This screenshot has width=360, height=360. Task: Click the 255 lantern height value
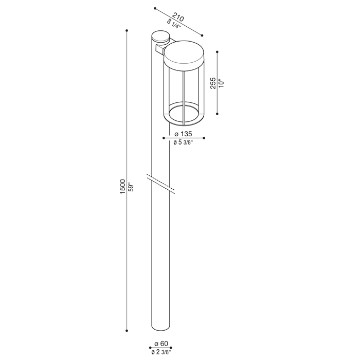click(x=212, y=83)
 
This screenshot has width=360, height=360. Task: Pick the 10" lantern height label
click(x=221, y=83)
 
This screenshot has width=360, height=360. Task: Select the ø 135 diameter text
click(x=183, y=134)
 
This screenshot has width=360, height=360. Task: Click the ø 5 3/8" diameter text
click(x=183, y=142)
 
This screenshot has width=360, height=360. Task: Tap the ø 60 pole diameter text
click(x=161, y=344)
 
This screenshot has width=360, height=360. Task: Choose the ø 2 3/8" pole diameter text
click(x=161, y=352)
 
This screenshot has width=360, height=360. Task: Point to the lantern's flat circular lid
click(x=184, y=54)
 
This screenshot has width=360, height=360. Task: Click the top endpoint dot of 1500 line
click(x=127, y=31)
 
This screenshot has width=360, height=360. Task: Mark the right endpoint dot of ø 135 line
click(x=205, y=138)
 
